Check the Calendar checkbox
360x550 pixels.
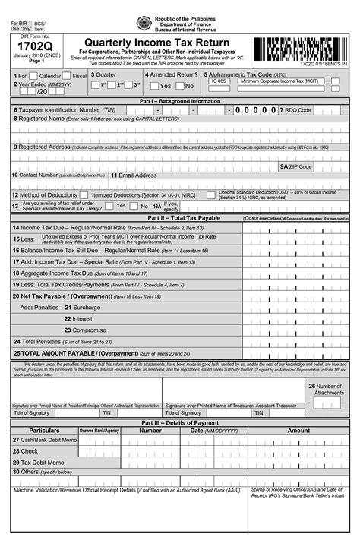34,76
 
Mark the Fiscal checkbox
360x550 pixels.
68,76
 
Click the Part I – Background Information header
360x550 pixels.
179,100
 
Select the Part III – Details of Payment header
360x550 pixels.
179,422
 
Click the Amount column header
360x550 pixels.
298,430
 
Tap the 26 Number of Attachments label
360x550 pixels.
327,390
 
